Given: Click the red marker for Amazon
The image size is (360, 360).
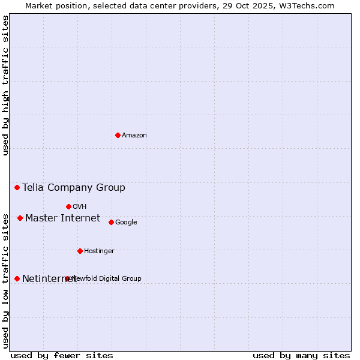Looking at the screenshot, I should [x=118, y=135].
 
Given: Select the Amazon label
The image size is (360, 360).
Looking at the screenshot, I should [x=134, y=136].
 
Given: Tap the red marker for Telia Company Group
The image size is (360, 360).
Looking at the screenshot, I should [x=17, y=188].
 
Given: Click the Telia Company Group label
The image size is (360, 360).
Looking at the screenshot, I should [x=74, y=188].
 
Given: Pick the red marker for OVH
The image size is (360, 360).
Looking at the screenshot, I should [x=68, y=206].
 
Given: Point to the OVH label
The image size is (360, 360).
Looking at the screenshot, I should [x=80, y=207].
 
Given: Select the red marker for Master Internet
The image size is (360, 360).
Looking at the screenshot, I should [x=20, y=218].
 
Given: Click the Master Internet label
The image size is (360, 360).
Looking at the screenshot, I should [x=62, y=218].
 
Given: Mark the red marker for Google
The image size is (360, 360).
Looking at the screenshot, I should [x=111, y=222].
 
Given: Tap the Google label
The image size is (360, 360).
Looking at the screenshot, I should [x=126, y=223].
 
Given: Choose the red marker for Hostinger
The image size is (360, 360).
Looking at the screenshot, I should [x=80, y=251].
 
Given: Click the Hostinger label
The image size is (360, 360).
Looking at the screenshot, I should [x=99, y=251].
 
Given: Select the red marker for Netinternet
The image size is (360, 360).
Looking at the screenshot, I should [x=17, y=278].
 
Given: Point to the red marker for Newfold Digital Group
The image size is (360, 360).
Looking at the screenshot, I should [x=67, y=278].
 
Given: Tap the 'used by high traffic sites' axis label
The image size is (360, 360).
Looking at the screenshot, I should [x=5, y=85].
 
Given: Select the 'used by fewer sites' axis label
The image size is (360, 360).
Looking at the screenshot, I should [x=62, y=355].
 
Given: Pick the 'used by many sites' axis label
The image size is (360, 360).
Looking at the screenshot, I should [x=301, y=355].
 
